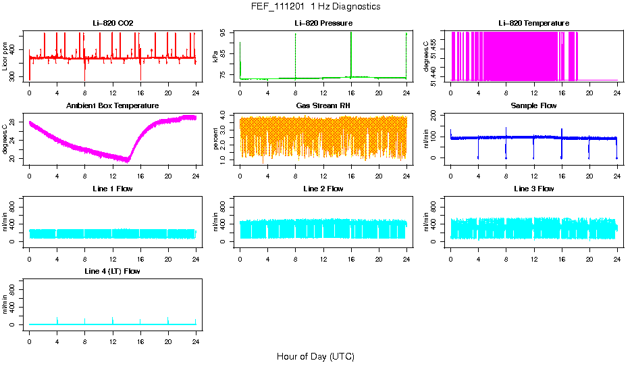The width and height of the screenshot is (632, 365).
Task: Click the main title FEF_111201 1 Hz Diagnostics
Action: (x=315, y=7)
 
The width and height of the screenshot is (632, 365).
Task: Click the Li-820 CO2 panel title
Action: (x=113, y=24)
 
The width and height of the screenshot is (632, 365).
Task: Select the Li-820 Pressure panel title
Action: (x=323, y=24)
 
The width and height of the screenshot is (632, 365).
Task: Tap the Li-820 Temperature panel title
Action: (x=533, y=24)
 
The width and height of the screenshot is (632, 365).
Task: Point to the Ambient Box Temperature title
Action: (x=113, y=106)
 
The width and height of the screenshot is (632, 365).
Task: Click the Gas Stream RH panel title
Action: (x=323, y=106)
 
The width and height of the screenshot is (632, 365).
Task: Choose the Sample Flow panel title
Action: (x=533, y=106)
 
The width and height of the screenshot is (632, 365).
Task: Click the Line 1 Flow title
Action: (x=113, y=189)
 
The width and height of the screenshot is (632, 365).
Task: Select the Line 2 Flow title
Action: (x=323, y=189)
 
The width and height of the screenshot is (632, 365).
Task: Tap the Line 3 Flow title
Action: (x=533, y=189)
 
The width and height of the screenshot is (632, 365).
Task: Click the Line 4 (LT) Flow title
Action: (x=113, y=271)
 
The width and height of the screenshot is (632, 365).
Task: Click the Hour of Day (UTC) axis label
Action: (x=315, y=356)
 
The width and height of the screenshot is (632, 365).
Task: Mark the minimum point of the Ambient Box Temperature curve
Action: (x=128, y=161)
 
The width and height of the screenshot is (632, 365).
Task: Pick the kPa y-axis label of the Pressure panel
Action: (x=216, y=57)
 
